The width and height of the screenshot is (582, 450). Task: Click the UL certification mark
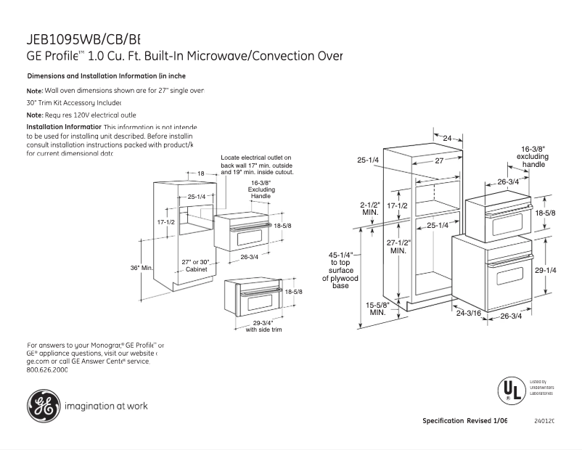511,390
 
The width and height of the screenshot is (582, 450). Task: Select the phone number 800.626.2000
46,369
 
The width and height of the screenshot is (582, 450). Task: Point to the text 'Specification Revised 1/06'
465,421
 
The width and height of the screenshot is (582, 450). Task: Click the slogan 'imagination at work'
106,406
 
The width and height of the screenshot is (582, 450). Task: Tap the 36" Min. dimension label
142,268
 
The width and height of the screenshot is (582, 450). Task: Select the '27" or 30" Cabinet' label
196,265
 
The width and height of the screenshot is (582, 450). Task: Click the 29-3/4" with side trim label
263,326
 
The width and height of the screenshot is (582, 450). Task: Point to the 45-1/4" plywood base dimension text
340,270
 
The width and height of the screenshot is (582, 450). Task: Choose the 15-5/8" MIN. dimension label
377,308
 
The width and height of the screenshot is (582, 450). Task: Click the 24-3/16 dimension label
469,313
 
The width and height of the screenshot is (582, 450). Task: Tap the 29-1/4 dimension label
546,270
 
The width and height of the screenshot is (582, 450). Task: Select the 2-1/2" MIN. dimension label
370,208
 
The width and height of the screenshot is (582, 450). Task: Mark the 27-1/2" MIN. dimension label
398,246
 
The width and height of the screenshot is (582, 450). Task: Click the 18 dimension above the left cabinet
201,173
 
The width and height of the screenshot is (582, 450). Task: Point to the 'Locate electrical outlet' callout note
256,165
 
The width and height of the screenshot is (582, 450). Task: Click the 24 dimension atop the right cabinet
447,138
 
